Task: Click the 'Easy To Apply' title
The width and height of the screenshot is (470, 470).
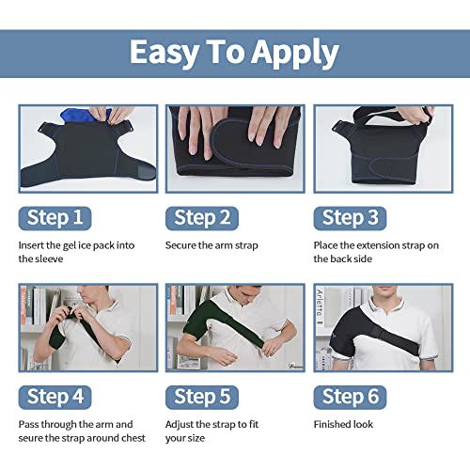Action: click(x=234, y=52)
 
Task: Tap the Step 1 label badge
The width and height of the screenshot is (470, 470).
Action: click(x=55, y=218)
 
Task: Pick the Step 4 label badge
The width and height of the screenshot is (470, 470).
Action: click(x=55, y=395)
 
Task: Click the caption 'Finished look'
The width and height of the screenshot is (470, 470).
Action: click(x=343, y=424)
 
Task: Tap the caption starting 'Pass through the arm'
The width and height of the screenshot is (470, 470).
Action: click(x=75, y=430)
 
